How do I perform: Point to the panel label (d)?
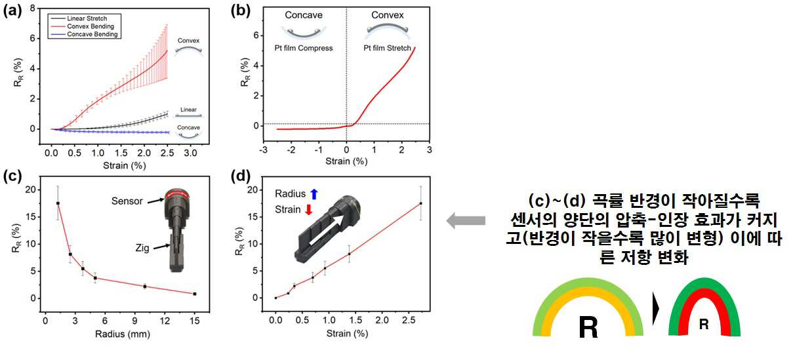240,176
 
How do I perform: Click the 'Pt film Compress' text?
304,48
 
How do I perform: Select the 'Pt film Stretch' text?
387,48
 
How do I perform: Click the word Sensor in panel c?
127,201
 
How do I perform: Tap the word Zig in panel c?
142,248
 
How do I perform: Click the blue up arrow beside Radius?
314,193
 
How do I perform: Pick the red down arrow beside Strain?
309,210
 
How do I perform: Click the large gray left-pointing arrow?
466,220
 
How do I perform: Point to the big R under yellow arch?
588,327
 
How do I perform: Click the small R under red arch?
704,324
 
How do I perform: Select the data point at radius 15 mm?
195,294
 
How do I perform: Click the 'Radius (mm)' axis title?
123,334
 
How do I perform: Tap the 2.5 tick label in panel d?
409,321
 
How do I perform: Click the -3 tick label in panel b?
263,150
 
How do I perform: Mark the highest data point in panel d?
420,203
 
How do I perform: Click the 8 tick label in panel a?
33,8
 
